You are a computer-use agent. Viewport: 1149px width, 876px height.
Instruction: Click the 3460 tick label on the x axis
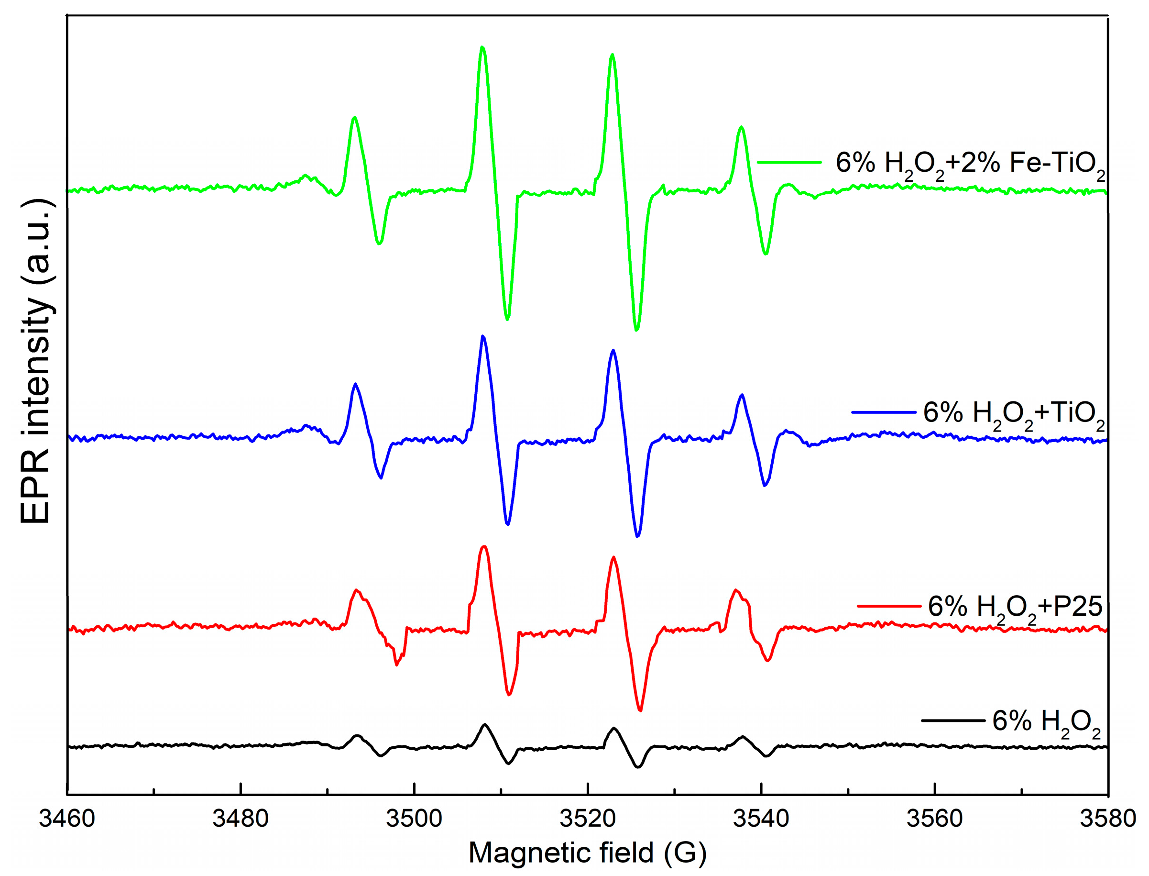click(66, 819)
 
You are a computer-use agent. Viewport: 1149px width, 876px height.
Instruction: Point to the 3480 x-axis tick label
click(240, 819)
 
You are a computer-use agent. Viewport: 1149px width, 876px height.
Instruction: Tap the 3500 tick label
click(414, 819)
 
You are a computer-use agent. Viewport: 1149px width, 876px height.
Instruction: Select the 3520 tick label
click(587, 819)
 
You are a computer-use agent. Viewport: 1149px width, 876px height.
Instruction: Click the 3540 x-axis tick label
click(761, 819)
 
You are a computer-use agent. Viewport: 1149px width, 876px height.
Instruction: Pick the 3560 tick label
click(934, 819)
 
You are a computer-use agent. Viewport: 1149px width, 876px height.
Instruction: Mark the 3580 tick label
click(1108, 819)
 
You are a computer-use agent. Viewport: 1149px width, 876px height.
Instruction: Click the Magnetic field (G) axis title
click(587, 853)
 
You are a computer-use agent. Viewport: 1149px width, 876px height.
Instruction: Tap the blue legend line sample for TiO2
click(884, 412)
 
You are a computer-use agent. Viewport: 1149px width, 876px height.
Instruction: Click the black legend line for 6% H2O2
click(953, 721)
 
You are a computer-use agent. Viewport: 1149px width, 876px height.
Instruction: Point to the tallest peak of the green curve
click(482, 47)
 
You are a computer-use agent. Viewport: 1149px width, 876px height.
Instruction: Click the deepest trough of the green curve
click(637, 330)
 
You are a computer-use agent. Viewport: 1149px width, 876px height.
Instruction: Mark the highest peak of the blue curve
click(483, 336)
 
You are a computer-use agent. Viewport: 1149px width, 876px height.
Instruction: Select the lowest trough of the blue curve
click(638, 536)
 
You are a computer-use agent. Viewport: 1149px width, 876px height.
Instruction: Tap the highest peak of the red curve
click(484, 547)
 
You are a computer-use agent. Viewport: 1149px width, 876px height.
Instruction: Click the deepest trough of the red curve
click(640, 710)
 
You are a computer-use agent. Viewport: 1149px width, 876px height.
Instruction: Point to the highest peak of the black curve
click(485, 724)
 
